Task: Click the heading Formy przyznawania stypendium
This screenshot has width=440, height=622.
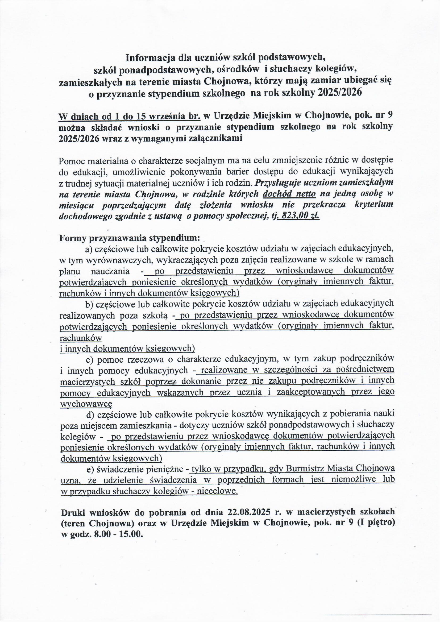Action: pyautogui.click(x=130, y=238)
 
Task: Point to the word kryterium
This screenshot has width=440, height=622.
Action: pyautogui.click(x=374, y=205)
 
